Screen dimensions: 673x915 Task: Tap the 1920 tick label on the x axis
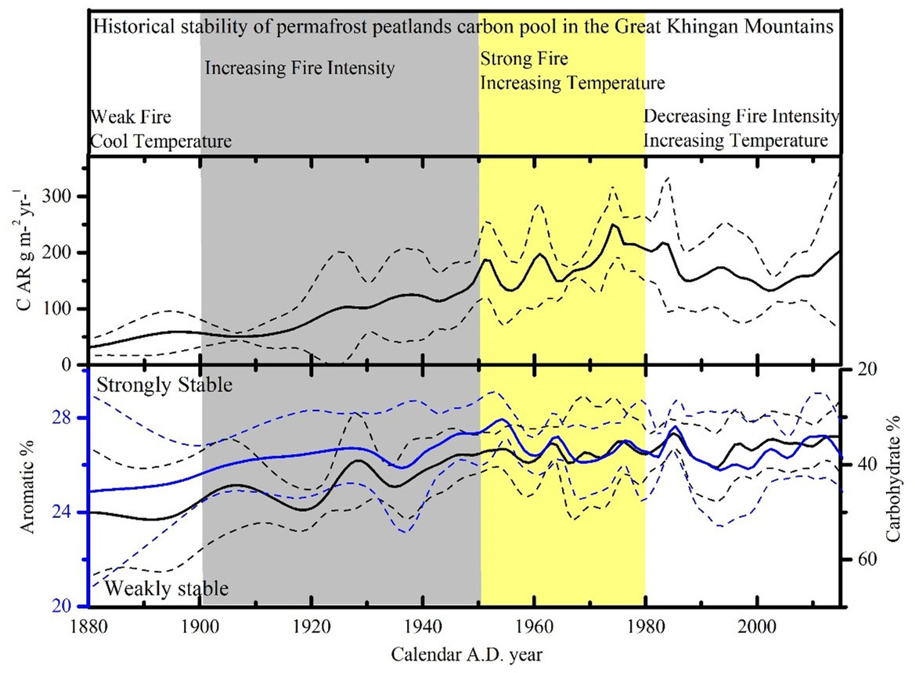(312, 628)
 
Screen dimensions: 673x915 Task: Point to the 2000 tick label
(757, 628)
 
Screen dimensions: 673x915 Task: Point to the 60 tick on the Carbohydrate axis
(859, 560)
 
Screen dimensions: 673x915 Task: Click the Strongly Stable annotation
(165, 385)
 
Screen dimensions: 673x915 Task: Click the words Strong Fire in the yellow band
(524, 59)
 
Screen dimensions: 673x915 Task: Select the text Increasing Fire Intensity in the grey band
(300, 69)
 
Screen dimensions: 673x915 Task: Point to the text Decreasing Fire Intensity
(740, 117)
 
